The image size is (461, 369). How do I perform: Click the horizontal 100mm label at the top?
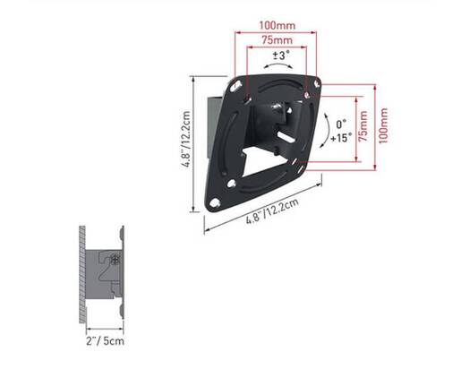point(277,25)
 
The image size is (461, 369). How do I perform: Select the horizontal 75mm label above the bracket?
point(277,39)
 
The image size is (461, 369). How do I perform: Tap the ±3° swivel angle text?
point(281,56)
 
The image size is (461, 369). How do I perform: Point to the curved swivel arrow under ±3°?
point(277,66)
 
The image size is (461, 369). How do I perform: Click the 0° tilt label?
point(341,124)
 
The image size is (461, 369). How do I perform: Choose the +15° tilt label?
point(341,138)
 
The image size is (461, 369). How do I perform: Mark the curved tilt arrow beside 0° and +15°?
point(327,131)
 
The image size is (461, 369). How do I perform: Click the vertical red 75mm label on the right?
point(363,126)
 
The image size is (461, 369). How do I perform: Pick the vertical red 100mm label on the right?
point(383,125)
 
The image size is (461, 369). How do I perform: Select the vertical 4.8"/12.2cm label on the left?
point(186,139)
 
